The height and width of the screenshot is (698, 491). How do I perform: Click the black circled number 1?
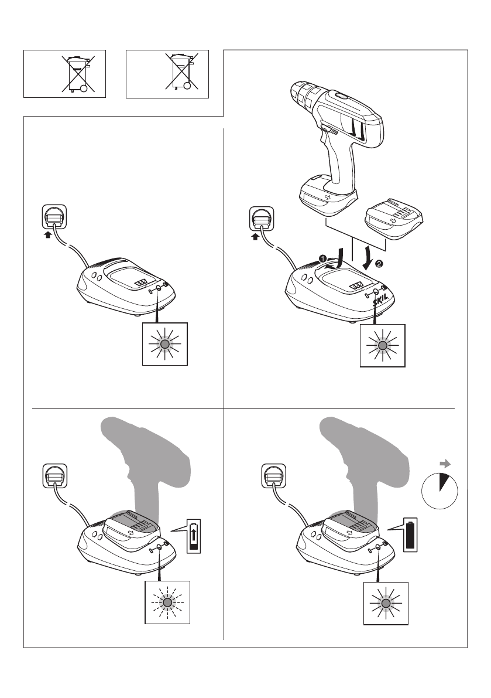click(x=321, y=257)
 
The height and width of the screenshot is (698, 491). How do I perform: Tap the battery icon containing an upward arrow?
click(x=194, y=536)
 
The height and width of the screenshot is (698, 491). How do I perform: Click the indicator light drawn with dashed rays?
click(x=167, y=602)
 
